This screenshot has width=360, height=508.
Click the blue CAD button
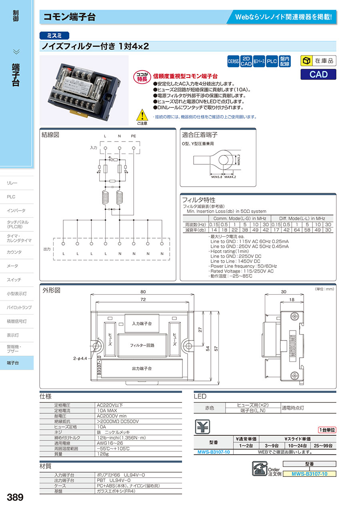coord(318,74)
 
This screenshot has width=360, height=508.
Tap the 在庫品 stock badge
coord(318,61)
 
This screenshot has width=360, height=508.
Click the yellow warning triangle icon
coord(142,116)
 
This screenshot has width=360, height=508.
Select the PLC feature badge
coord(272,61)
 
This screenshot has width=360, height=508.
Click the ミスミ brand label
coord(55,36)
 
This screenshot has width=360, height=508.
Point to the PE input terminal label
coord(134,137)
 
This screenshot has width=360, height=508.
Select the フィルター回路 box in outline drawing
coord(142,345)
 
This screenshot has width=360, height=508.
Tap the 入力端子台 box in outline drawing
coord(142,323)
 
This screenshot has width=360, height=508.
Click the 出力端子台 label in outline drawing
coord(142,368)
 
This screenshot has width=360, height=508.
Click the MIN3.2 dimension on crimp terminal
coord(239,160)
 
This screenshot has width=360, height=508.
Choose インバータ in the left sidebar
coord(16,211)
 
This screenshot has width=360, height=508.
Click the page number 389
coord(15,498)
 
